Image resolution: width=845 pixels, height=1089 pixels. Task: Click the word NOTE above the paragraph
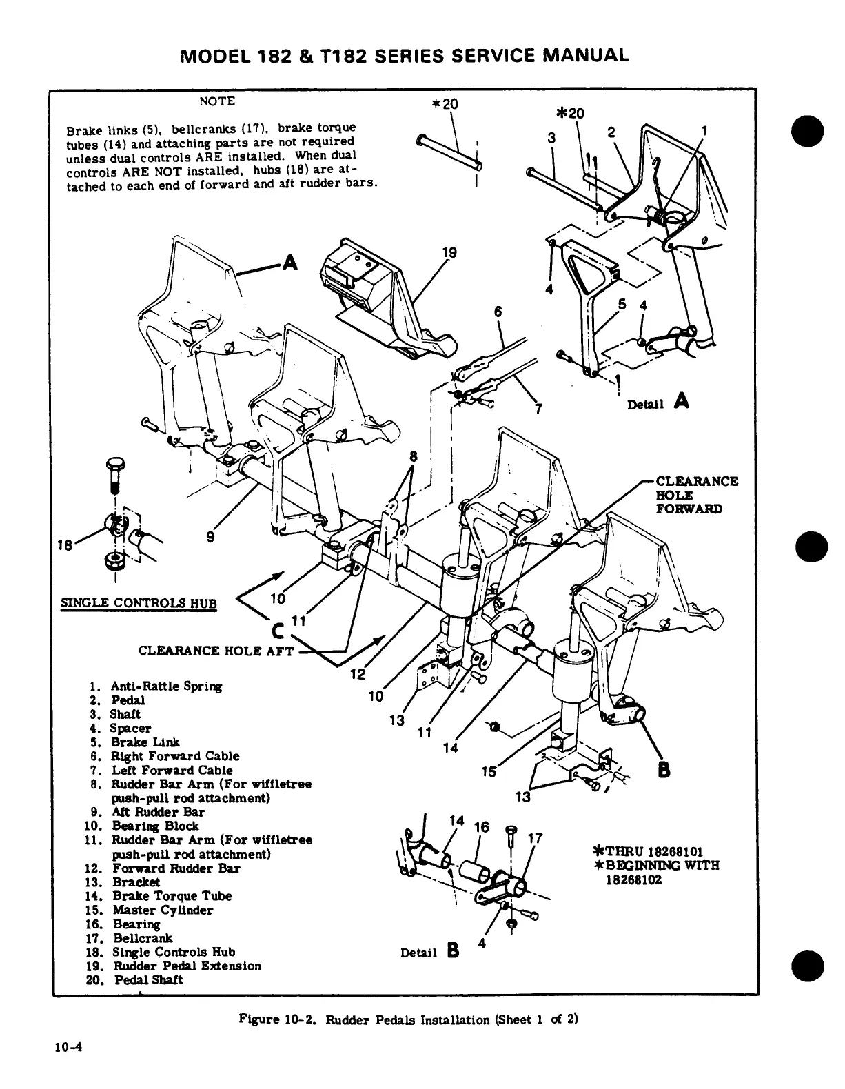coord(217,101)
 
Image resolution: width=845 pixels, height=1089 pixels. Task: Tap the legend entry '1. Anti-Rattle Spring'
coord(156,686)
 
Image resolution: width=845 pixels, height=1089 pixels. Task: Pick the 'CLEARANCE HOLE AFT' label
coord(216,650)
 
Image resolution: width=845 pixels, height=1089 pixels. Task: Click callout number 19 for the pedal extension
coord(449,253)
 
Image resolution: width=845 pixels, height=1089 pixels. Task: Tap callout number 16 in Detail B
coord(482,826)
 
